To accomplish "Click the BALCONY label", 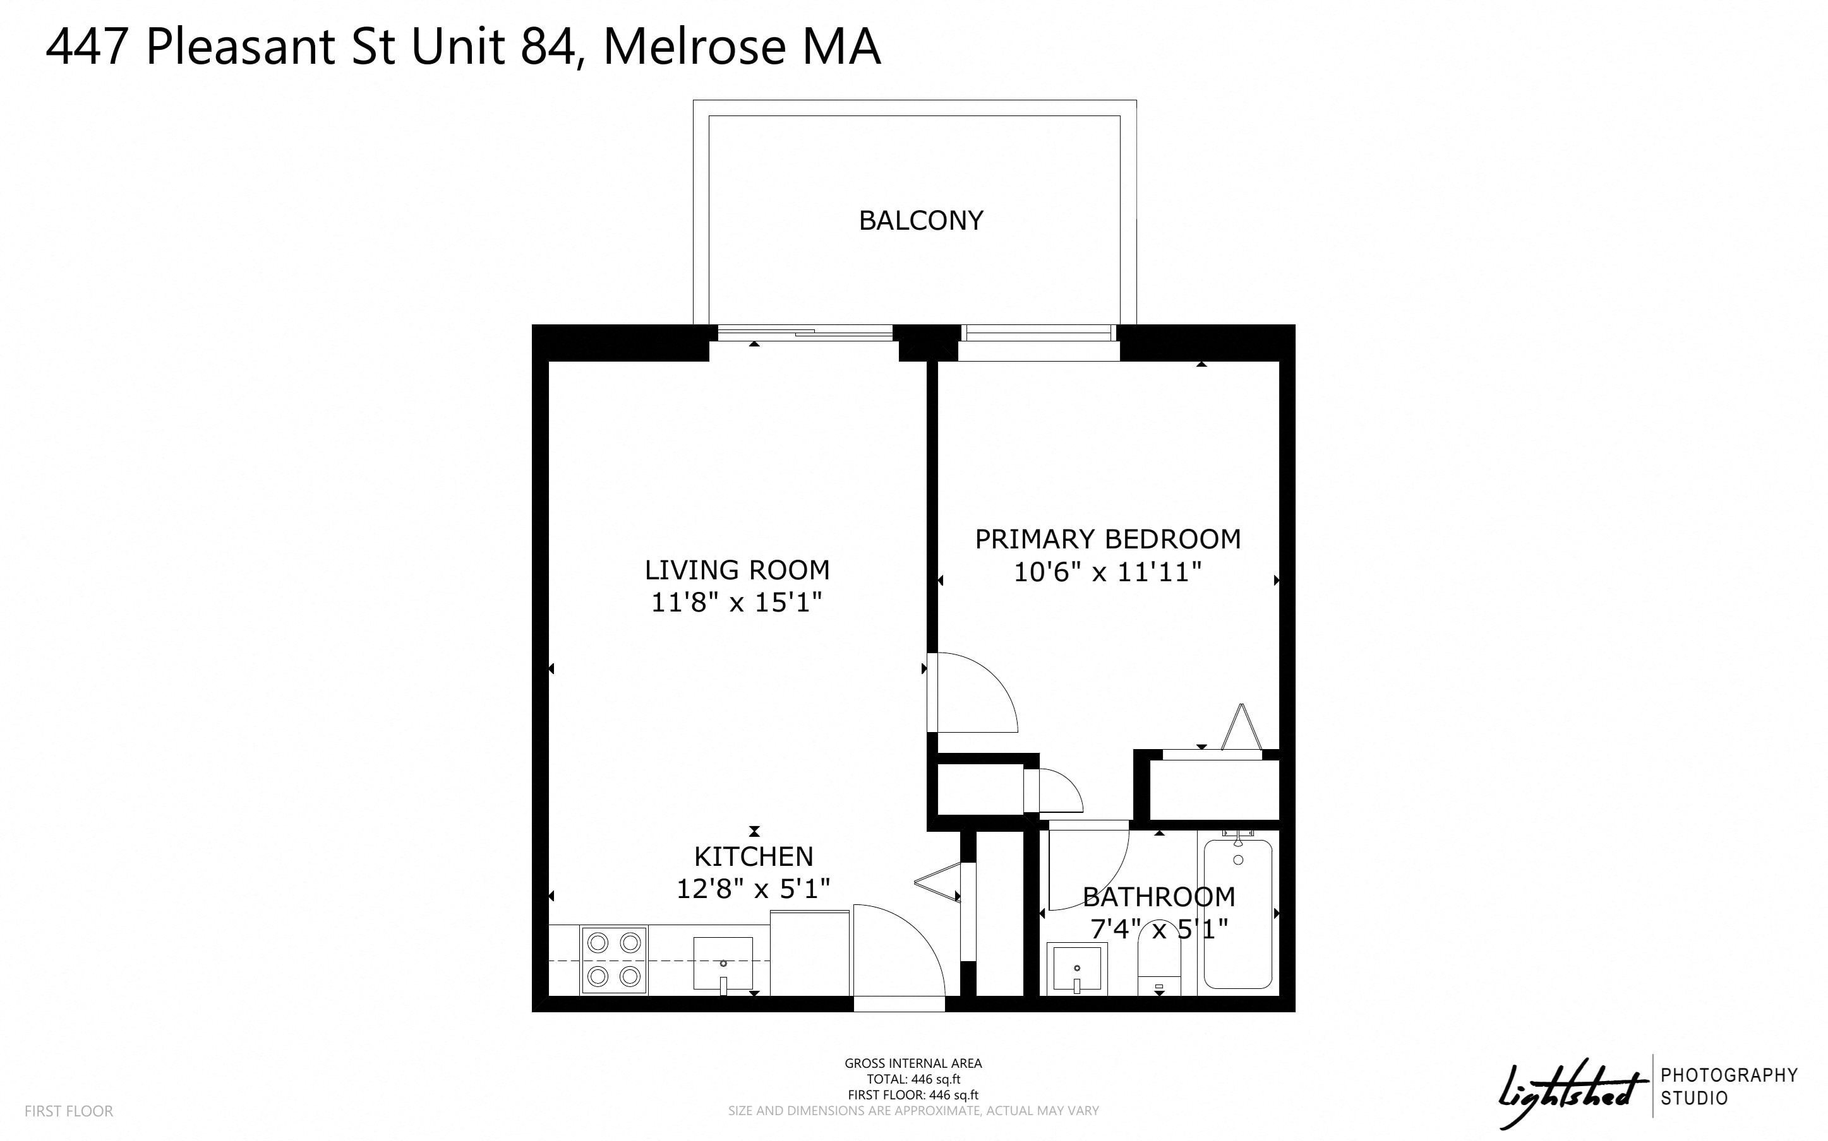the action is tap(921, 220).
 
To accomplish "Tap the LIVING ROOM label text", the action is tap(737, 570).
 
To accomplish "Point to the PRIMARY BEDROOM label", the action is tap(1108, 539).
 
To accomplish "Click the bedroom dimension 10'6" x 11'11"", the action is tap(1107, 572).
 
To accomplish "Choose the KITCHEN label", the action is tap(754, 856).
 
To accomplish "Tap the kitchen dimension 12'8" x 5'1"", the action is tap(753, 889).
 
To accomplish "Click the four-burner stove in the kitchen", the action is tap(614, 960).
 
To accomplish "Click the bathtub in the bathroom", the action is tap(1238, 913).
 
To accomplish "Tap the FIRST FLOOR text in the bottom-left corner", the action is tap(69, 1111).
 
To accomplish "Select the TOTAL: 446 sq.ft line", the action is tap(913, 1079).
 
